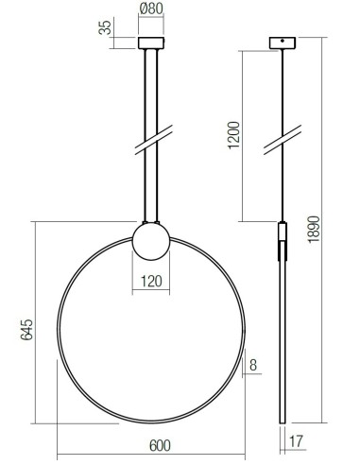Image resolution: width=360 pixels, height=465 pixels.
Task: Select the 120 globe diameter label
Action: point(151,281)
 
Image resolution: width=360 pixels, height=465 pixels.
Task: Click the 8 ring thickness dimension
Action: point(253,364)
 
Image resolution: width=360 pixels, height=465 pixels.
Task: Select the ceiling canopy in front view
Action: point(151,43)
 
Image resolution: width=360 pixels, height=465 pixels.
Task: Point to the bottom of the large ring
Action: point(151,422)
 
